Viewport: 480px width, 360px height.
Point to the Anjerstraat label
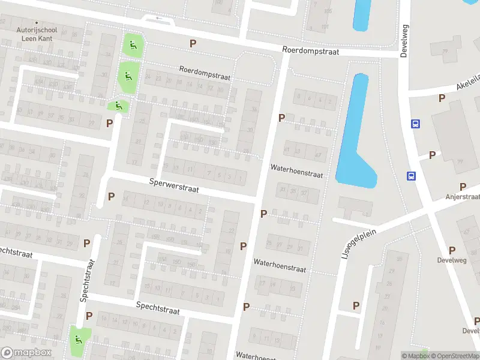(x=463, y=196)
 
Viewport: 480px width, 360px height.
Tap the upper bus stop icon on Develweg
(x=415, y=124)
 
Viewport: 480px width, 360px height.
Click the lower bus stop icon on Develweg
(x=412, y=176)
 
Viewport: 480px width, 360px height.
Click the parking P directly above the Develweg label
(x=452, y=250)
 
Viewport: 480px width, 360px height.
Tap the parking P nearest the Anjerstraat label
(x=463, y=187)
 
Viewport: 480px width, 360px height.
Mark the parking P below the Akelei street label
(x=442, y=97)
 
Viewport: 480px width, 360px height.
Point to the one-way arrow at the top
(x=159, y=18)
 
